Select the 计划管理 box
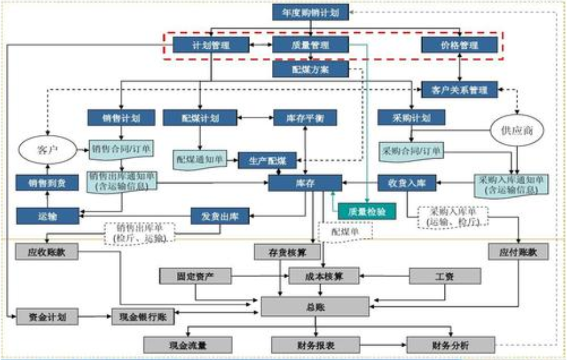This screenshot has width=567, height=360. (211, 45)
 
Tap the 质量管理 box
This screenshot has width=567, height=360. (310, 45)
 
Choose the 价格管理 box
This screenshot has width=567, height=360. (459, 45)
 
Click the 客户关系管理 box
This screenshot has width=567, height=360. (459, 90)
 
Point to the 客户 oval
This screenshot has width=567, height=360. (47, 149)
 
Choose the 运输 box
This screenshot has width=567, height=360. (47, 215)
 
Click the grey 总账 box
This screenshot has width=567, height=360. (315, 306)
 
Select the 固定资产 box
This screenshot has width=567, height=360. (196, 276)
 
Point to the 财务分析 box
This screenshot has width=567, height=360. (451, 345)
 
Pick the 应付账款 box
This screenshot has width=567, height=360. (518, 251)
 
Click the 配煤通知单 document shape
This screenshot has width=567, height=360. (199, 159)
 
